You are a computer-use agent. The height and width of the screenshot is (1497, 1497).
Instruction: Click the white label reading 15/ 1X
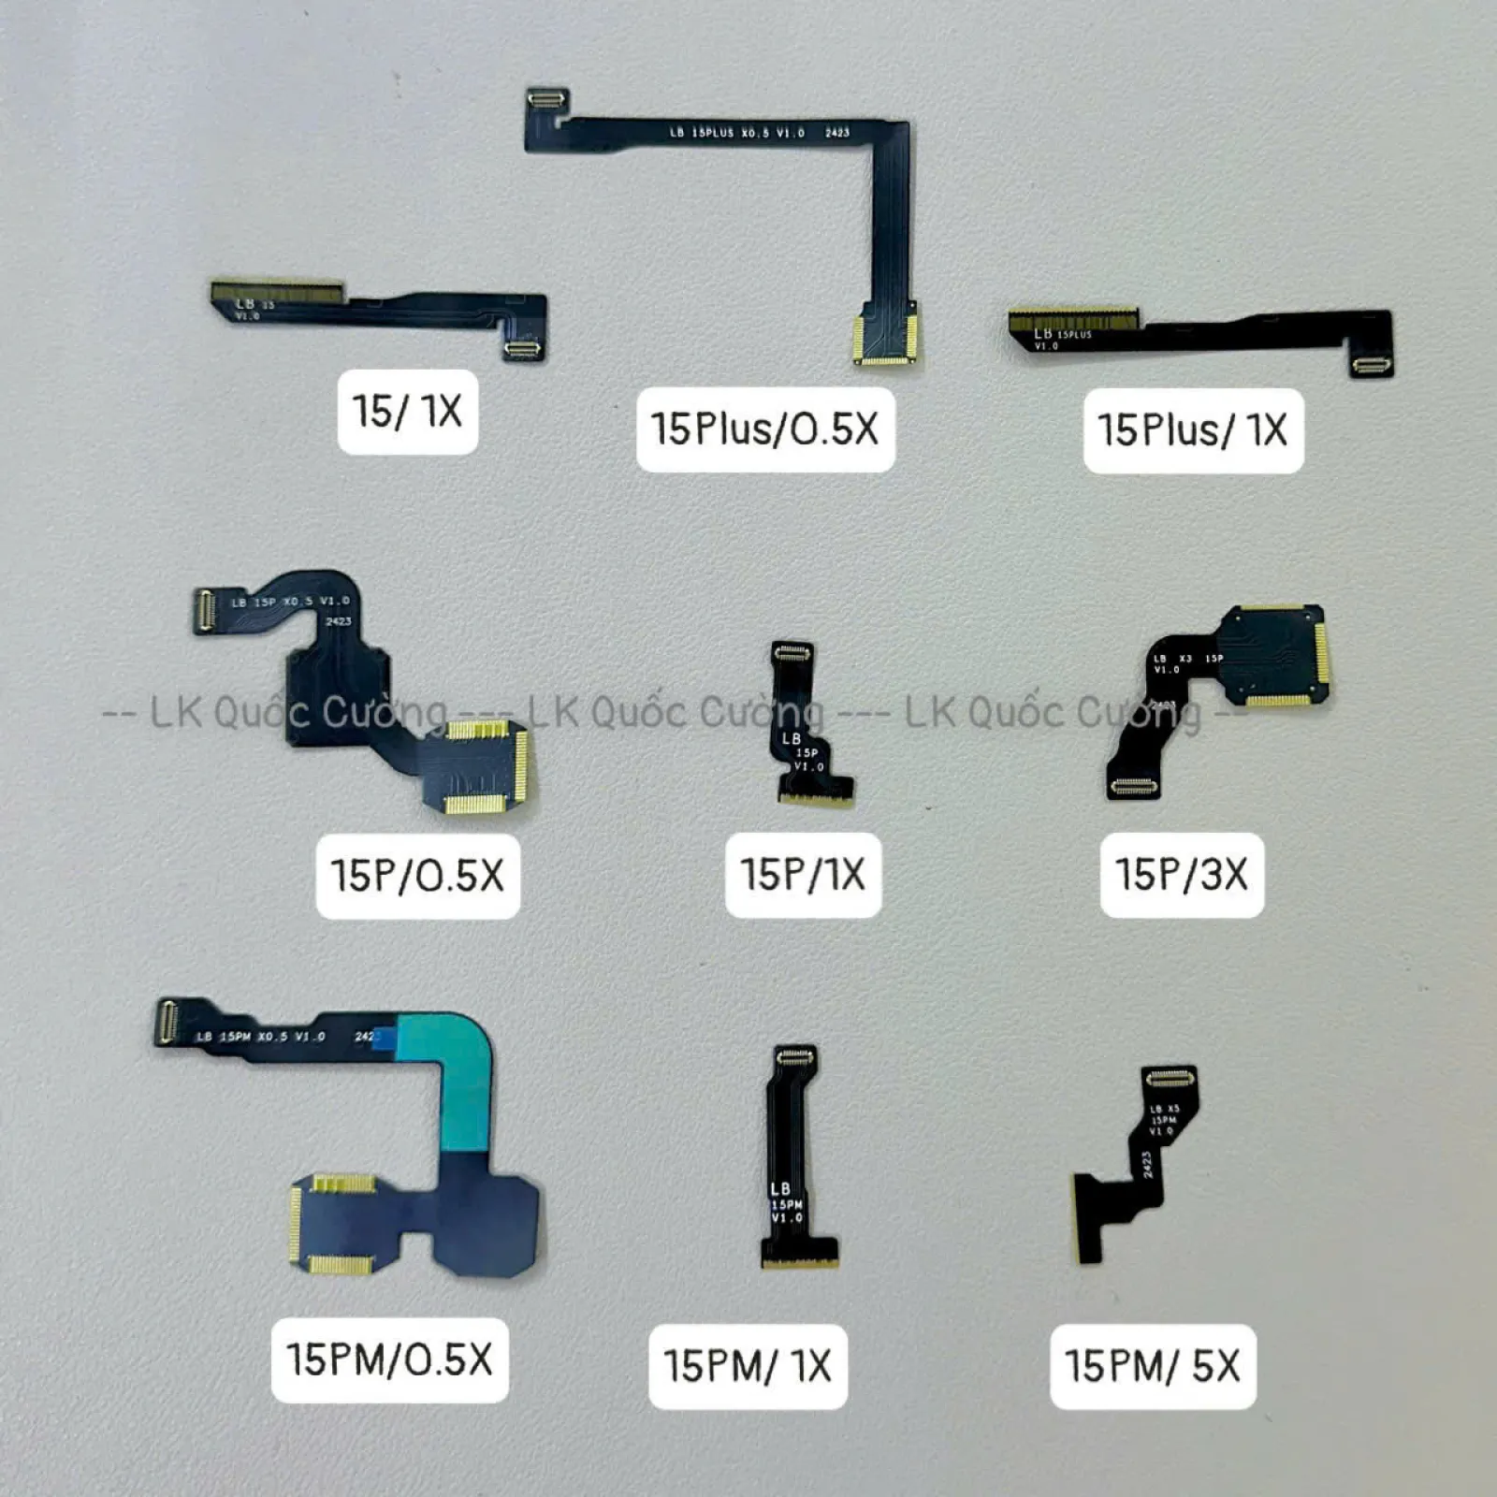pyautogui.click(x=407, y=412)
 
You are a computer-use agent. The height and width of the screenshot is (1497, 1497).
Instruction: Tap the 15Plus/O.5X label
pyautogui.click(x=765, y=429)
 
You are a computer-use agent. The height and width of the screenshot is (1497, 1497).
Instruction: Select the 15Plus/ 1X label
pyautogui.click(x=1193, y=430)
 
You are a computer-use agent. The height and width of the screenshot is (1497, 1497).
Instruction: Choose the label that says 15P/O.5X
pyautogui.click(x=417, y=876)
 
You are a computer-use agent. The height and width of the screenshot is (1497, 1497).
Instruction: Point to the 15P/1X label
pyautogui.click(x=803, y=875)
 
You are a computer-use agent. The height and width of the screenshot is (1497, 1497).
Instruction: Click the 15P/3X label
pyautogui.click(x=1182, y=875)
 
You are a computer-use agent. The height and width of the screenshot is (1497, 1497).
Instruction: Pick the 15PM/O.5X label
pyautogui.click(x=389, y=1359)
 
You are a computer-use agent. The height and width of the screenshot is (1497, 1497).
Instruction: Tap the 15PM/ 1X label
pyautogui.click(x=748, y=1366)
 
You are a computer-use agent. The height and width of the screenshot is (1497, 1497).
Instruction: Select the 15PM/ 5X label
pyautogui.click(x=1152, y=1366)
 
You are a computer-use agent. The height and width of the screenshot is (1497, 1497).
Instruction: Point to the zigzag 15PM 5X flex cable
pyautogui.click(x=1137, y=1170)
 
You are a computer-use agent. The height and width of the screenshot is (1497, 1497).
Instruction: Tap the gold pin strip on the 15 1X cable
pyautogui.click(x=276, y=291)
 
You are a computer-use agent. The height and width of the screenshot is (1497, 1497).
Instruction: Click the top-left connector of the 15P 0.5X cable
pyautogui.click(x=204, y=611)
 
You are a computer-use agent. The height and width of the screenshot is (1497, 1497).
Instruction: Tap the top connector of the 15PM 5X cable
pyautogui.click(x=1170, y=1079)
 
